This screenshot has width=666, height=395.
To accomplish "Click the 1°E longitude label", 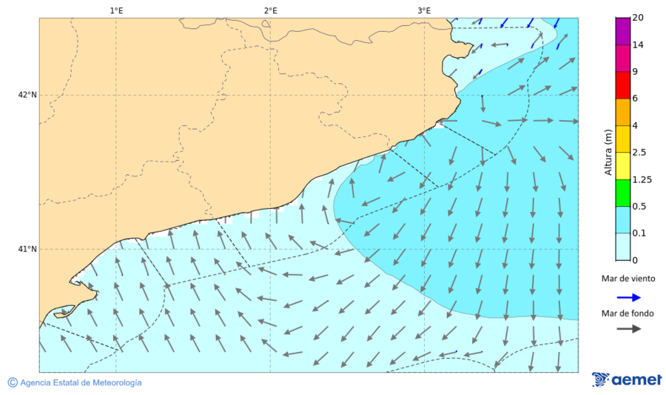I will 116,10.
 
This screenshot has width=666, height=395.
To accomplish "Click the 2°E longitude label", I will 270,10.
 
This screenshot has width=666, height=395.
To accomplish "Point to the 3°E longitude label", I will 424,10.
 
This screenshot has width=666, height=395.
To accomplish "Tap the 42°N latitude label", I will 27,95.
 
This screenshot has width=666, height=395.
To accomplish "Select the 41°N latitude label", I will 27,249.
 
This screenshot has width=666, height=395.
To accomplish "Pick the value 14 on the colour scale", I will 639,45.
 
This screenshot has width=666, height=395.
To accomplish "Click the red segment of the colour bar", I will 622,85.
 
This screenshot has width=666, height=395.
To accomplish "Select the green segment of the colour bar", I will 622,193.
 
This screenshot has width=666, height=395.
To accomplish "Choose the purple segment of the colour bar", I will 622,31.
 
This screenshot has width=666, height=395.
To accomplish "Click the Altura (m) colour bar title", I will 608,152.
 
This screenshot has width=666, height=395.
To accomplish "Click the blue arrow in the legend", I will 628,296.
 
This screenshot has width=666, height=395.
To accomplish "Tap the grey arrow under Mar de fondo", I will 628,329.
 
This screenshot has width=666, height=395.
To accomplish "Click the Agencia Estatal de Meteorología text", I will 81,382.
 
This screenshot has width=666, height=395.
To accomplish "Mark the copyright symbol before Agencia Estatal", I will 13,382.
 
